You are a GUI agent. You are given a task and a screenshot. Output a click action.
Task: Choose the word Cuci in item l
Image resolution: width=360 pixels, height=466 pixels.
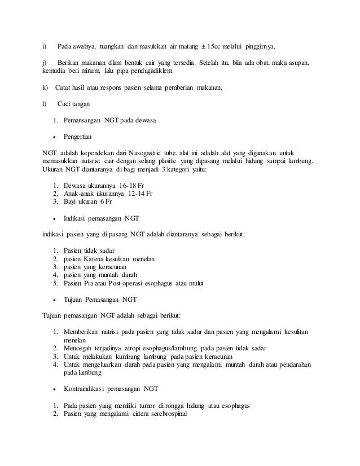(65, 104)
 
